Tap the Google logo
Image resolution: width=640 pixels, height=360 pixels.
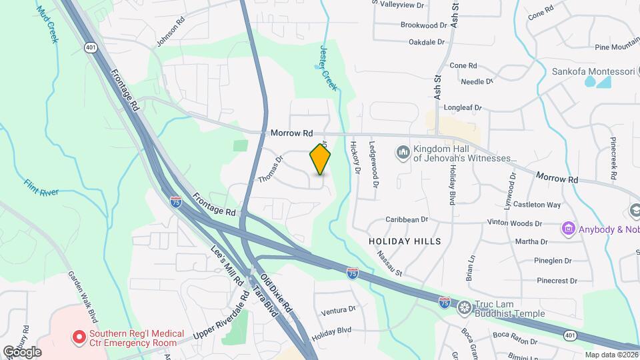pyautogui.click(x=22, y=352)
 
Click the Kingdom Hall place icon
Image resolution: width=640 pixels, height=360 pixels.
pyautogui.click(x=403, y=153)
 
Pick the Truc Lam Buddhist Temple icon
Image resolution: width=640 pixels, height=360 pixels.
pyautogui.click(x=464, y=308)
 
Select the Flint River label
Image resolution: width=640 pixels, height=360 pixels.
pyautogui.click(x=41, y=187)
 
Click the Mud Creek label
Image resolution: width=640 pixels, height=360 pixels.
pyautogui.click(x=47, y=25)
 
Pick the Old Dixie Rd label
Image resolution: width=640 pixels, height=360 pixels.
pyautogui.click(x=276, y=294)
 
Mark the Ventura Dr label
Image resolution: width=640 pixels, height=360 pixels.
pyautogui.click(x=338, y=310)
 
